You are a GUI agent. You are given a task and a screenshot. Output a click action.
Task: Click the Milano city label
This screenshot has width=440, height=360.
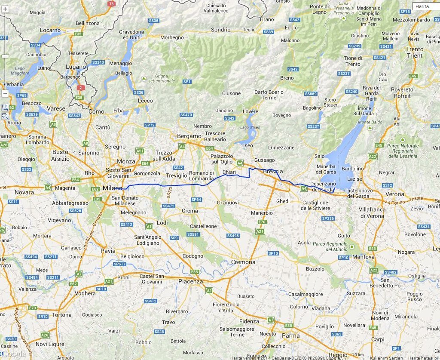(112, 188)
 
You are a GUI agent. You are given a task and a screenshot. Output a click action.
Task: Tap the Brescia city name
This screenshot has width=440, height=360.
(273, 171)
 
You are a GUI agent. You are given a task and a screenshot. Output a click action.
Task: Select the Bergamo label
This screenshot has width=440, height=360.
(189, 136)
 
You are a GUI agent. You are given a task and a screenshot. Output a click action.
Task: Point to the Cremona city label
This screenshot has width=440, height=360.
(243, 262)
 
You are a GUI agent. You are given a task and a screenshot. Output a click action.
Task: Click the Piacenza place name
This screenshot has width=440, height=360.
(190, 281)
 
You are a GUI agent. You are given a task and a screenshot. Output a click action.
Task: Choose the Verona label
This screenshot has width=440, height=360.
(395, 194)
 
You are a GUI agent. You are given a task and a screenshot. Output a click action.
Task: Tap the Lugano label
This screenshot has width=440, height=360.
(76, 67)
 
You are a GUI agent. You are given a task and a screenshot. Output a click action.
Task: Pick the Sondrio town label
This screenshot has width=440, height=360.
(221, 30)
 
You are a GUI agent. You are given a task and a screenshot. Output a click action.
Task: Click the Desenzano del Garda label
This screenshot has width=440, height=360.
(321, 187)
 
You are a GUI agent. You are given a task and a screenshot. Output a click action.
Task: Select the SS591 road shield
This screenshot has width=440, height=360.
(192, 234)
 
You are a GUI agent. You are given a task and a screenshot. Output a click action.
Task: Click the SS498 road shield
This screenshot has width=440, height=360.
(232, 236)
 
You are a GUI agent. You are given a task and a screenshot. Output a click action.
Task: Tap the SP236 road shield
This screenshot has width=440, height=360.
(328, 218)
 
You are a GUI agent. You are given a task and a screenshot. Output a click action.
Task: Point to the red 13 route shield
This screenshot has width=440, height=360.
(112, 3)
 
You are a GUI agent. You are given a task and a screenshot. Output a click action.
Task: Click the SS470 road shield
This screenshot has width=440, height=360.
(186, 115)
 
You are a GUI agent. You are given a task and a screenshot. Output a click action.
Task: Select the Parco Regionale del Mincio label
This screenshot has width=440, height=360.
(330, 246)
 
